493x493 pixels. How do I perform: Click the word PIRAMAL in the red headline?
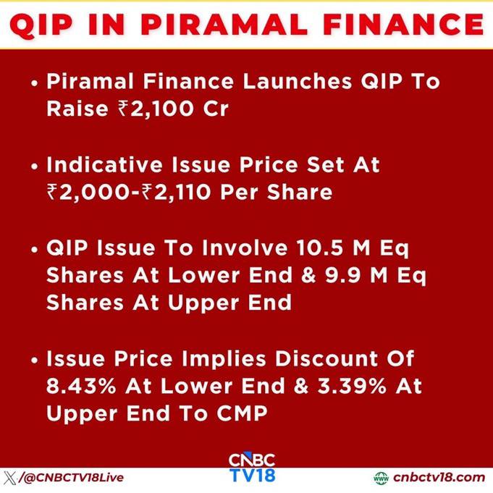tap(224, 24)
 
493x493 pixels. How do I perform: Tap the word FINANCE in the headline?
tap(403, 24)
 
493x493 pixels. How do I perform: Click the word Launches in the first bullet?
tap(297, 81)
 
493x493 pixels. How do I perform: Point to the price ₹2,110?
tap(176, 192)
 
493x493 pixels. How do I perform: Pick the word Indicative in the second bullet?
tap(104, 164)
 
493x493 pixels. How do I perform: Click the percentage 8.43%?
tap(81, 386)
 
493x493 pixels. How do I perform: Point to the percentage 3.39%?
tap(352, 386)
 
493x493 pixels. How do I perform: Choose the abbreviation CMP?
tap(242, 413)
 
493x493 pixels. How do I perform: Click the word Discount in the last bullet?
tap(326, 358)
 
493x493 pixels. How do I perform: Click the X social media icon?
tap(9, 478)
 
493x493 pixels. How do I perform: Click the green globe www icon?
tap(381, 478)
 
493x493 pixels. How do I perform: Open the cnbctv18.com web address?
tap(439, 478)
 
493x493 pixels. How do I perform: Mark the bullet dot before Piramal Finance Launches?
tap(35, 83)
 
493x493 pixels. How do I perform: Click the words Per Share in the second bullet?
tap(276, 192)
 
